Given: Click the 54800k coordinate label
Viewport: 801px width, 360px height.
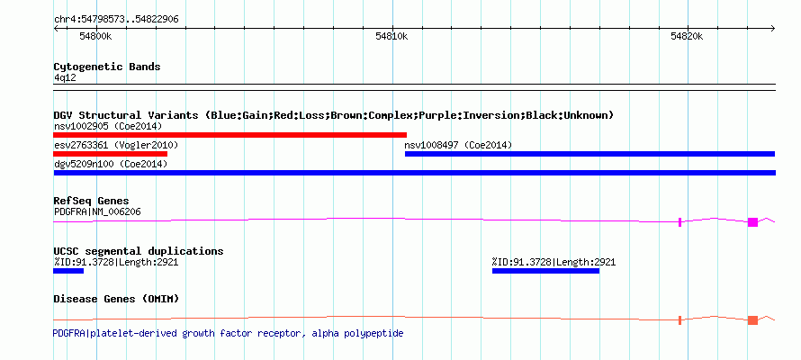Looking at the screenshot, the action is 95,36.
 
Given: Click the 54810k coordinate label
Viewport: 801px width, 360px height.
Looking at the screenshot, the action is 391,36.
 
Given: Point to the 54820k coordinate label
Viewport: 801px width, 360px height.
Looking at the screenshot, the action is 687,36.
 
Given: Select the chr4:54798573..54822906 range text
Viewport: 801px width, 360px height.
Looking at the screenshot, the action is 116,20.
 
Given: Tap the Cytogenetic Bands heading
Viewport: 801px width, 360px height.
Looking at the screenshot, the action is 107,67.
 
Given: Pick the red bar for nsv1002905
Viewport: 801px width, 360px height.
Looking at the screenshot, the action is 229,135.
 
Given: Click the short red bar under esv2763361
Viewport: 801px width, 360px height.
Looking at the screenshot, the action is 111,154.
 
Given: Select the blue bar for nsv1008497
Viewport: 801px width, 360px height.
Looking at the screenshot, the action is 590,154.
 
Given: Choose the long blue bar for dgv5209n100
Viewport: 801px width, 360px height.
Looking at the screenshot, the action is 414,173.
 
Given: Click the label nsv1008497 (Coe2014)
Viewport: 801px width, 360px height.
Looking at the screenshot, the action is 458,146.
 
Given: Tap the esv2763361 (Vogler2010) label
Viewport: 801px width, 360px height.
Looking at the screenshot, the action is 116,146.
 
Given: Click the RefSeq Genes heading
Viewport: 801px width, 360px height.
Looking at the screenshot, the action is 92,202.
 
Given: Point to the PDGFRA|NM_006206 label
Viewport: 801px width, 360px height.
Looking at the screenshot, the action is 97,211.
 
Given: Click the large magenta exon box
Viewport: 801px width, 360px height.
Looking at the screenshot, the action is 752,222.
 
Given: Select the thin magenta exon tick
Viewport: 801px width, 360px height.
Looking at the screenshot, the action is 679,222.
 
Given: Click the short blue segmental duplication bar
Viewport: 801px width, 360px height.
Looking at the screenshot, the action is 68,271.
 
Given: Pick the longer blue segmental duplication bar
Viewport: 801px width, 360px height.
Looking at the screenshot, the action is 545,271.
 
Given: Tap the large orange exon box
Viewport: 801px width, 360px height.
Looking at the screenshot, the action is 752,320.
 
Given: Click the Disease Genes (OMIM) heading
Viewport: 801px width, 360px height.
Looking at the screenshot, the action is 116,299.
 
